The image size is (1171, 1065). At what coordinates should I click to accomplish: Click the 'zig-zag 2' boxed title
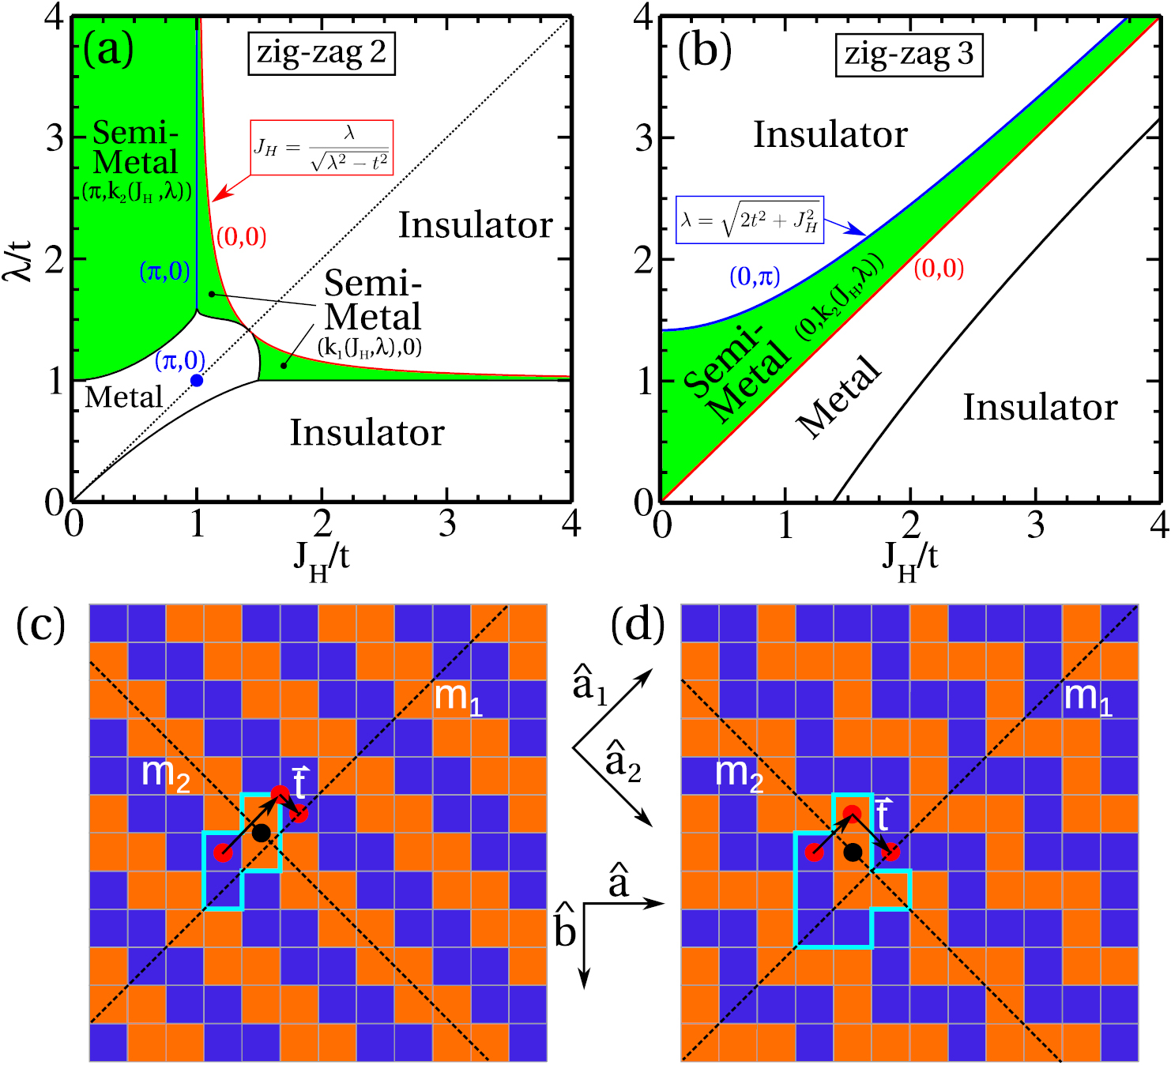321,54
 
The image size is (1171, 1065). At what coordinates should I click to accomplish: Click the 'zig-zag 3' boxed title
909,55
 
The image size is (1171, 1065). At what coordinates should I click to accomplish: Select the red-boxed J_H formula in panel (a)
322,148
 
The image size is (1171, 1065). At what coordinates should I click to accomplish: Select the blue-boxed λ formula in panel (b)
750,220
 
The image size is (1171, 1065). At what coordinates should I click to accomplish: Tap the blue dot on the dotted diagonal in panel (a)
197,381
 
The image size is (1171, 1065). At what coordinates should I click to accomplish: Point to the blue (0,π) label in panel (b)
755,277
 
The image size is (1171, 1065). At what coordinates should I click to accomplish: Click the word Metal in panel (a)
123,397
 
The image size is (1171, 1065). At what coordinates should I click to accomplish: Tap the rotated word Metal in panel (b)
839,397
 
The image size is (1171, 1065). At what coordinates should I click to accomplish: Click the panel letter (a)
108,49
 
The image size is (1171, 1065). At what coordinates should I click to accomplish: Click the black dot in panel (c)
262,833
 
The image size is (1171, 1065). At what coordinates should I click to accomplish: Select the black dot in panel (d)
852,852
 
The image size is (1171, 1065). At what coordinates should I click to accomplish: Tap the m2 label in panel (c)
165,773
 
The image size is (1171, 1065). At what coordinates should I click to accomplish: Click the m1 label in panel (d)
1087,698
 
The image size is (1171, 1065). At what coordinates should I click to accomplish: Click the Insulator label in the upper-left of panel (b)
830,134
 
